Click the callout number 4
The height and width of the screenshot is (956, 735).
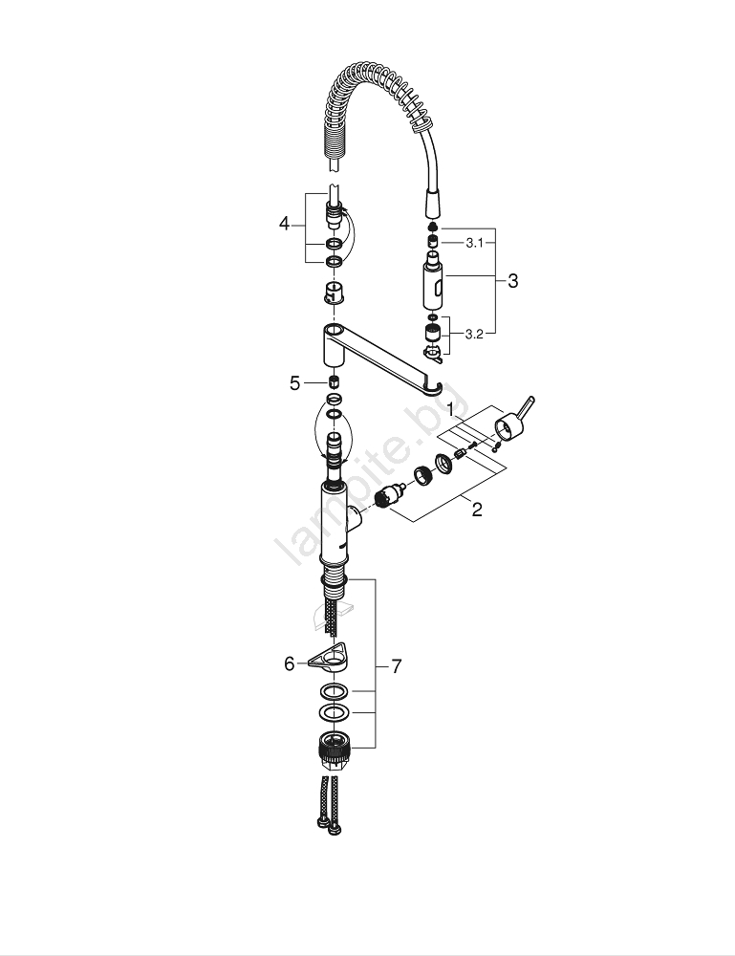(284, 224)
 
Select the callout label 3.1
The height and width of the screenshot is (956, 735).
(474, 243)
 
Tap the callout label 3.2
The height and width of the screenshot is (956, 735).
(474, 334)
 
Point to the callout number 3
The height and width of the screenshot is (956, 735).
(512, 281)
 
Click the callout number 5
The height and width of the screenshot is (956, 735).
(295, 383)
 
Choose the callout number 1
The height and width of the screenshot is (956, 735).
(450, 410)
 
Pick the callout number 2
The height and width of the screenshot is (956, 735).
(477, 510)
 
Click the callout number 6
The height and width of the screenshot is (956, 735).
(290, 663)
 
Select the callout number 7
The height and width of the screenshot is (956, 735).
(396, 666)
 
